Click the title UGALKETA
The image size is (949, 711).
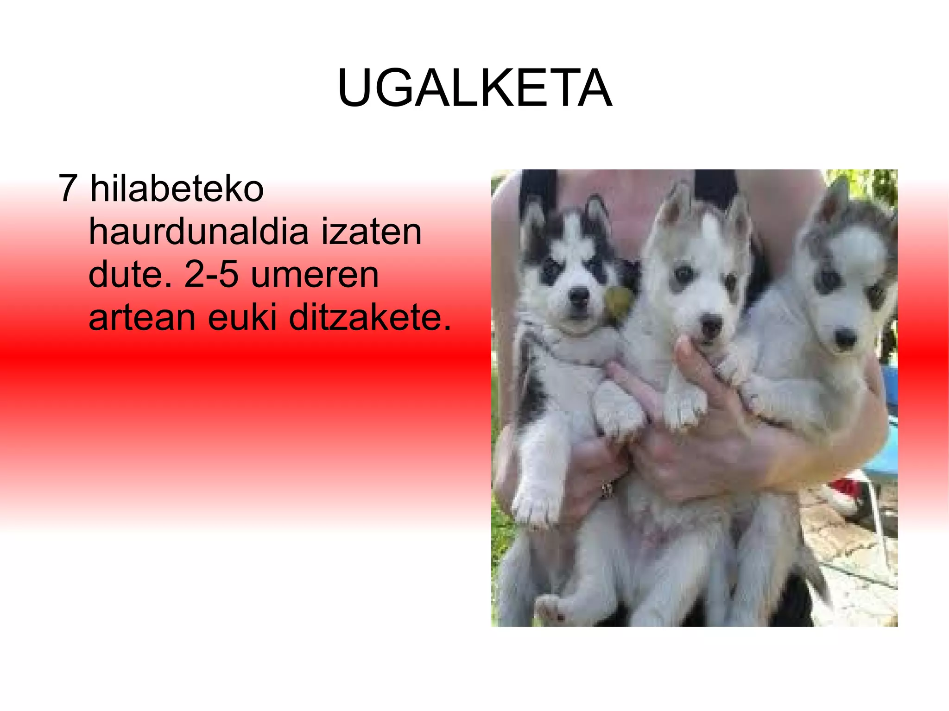click(x=475, y=88)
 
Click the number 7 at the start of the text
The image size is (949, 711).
click(x=68, y=189)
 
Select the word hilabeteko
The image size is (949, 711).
click(x=177, y=189)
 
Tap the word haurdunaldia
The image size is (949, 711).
click(x=198, y=231)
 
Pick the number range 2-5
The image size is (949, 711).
click(x=211, y=274)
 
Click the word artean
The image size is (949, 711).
click(x=142, y=318)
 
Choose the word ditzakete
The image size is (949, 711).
click(x=369, y=318)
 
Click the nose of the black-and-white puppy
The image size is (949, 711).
click(x=579, y=295)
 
